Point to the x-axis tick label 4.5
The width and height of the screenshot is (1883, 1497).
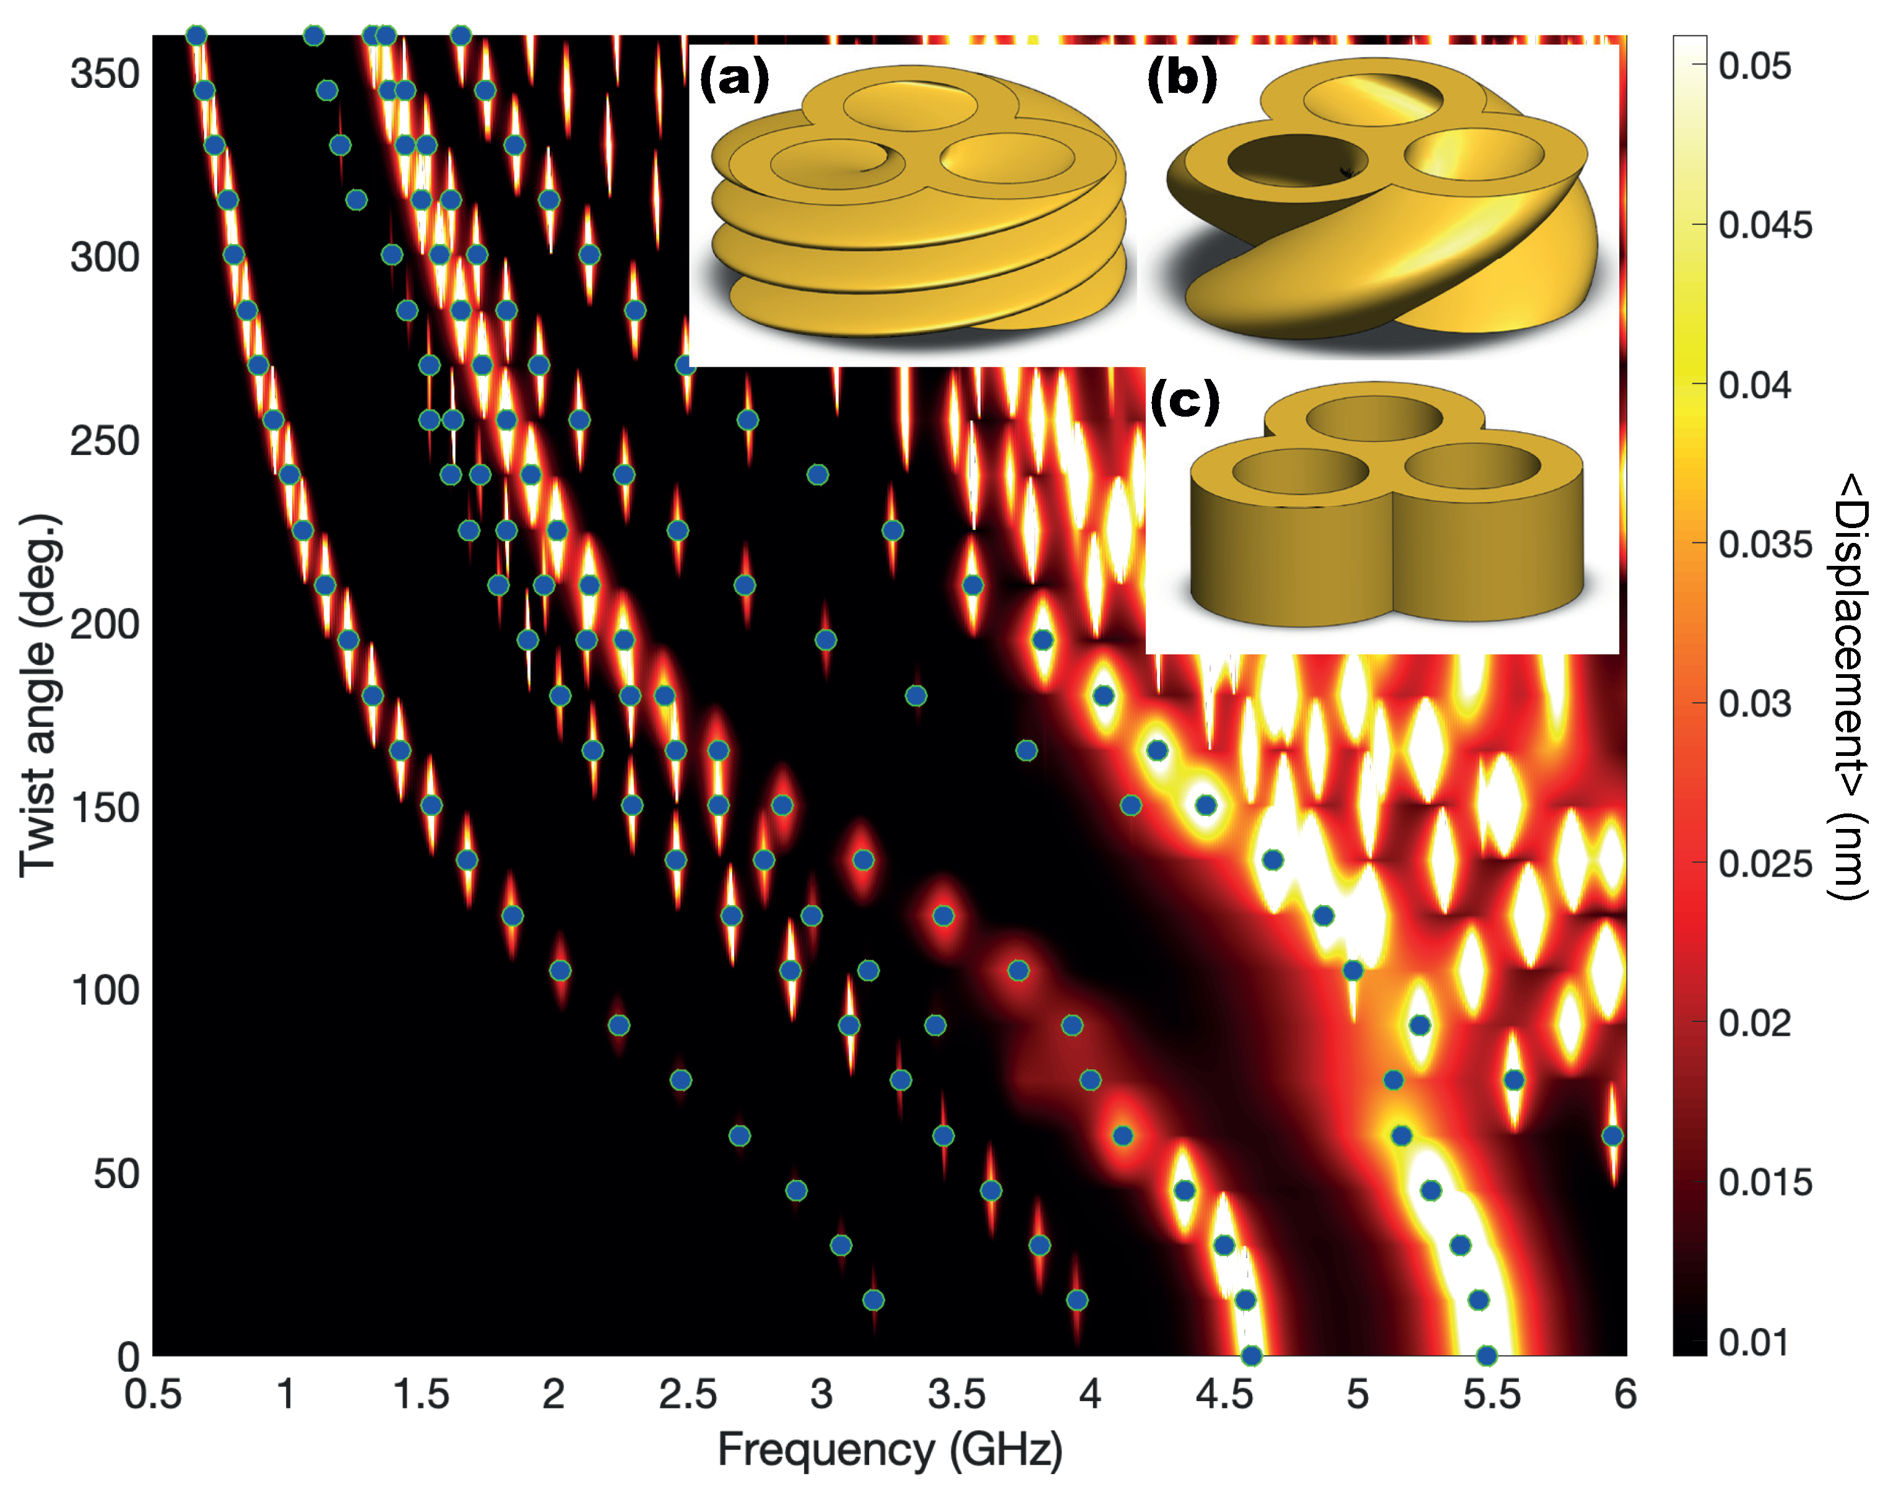tap(1224, 1395)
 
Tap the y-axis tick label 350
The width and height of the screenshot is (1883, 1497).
tap(104, 74)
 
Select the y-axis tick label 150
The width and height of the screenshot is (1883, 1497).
tap(104, 808)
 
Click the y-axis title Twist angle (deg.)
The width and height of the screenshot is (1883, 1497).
tap(39, 695)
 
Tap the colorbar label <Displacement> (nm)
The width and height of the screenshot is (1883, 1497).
tap(1848, 685)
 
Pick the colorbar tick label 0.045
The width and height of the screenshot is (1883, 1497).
tap(1765, 225)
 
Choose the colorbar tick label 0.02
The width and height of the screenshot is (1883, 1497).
tap(1755, 1023)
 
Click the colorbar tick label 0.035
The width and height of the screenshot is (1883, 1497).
tap(1765, 544)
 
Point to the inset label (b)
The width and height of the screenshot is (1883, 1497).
tap(1182, 78)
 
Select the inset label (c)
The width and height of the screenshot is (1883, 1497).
tap(1184, 401)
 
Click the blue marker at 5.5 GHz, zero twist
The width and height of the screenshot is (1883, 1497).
tap(1486, 1355)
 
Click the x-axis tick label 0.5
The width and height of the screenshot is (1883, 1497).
tap(153, 1395)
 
